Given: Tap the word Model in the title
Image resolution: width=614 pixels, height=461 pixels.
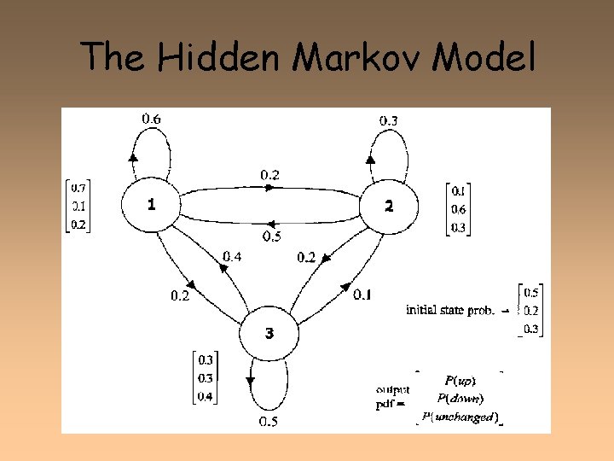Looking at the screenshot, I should coord(484,58).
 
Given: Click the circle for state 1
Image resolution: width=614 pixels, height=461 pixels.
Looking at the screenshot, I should coord(151,205).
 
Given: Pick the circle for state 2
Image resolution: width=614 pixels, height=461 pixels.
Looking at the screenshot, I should coord(388,206).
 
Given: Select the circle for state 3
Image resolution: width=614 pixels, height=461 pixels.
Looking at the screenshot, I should coord(269,334).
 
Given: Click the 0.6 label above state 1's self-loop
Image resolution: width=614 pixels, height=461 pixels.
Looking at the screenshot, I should coord(150,120).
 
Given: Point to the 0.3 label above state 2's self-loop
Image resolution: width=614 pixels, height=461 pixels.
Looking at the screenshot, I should coord(387,120).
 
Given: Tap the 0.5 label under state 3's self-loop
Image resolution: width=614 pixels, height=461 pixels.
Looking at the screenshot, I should coord(269,422).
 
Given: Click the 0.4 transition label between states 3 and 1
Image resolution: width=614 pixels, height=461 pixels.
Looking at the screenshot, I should coord(232,255).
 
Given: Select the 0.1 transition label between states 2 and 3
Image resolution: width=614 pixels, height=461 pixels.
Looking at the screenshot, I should coord(362,295).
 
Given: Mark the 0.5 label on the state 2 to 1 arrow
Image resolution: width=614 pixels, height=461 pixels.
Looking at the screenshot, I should coord(271,236).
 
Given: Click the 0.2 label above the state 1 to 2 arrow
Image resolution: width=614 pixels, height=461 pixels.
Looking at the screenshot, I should coord(269,175).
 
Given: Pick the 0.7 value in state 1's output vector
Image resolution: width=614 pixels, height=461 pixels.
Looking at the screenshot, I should coord(78,187).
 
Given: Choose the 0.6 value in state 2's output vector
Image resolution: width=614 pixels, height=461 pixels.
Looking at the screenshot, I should coord(459,210).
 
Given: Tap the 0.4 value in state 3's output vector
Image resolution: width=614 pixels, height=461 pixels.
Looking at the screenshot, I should coord(206,396).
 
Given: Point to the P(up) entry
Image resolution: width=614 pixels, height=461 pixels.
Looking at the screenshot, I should coord(460,380).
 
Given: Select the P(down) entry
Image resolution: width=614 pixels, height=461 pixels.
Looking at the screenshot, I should coord(460,398).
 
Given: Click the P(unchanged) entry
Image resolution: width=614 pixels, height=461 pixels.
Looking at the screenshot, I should coord(460,417).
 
